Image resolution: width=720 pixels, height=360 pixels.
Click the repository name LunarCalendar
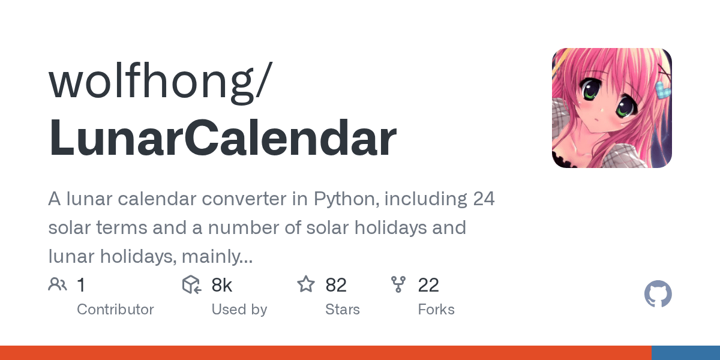pos(223,137)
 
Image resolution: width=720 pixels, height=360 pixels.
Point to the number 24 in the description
pos(484,199)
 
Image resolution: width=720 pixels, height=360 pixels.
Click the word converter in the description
pos(244,199)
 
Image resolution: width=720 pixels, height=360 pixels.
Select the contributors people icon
pos(58,284)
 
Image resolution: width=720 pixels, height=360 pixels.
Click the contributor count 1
pos(82,285)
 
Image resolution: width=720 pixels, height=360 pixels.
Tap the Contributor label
pos(115,310)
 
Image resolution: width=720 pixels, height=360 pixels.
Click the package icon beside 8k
pos(191,284)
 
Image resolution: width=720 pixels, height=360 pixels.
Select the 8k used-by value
pos(222,285)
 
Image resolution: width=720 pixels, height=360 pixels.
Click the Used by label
pos(239,310)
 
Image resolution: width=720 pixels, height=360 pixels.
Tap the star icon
pos(305,284)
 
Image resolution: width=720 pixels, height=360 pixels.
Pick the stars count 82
pos(336,285)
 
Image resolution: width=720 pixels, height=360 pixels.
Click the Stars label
pos(343,310)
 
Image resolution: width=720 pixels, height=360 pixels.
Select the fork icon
pos(398,284)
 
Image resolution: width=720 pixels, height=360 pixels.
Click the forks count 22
pos(428,285)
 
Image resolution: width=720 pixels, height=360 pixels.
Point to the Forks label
pos(436,310)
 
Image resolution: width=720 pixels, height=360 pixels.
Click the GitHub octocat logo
pos(658,294)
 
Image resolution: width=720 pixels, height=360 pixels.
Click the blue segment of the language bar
pos(686,353)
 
